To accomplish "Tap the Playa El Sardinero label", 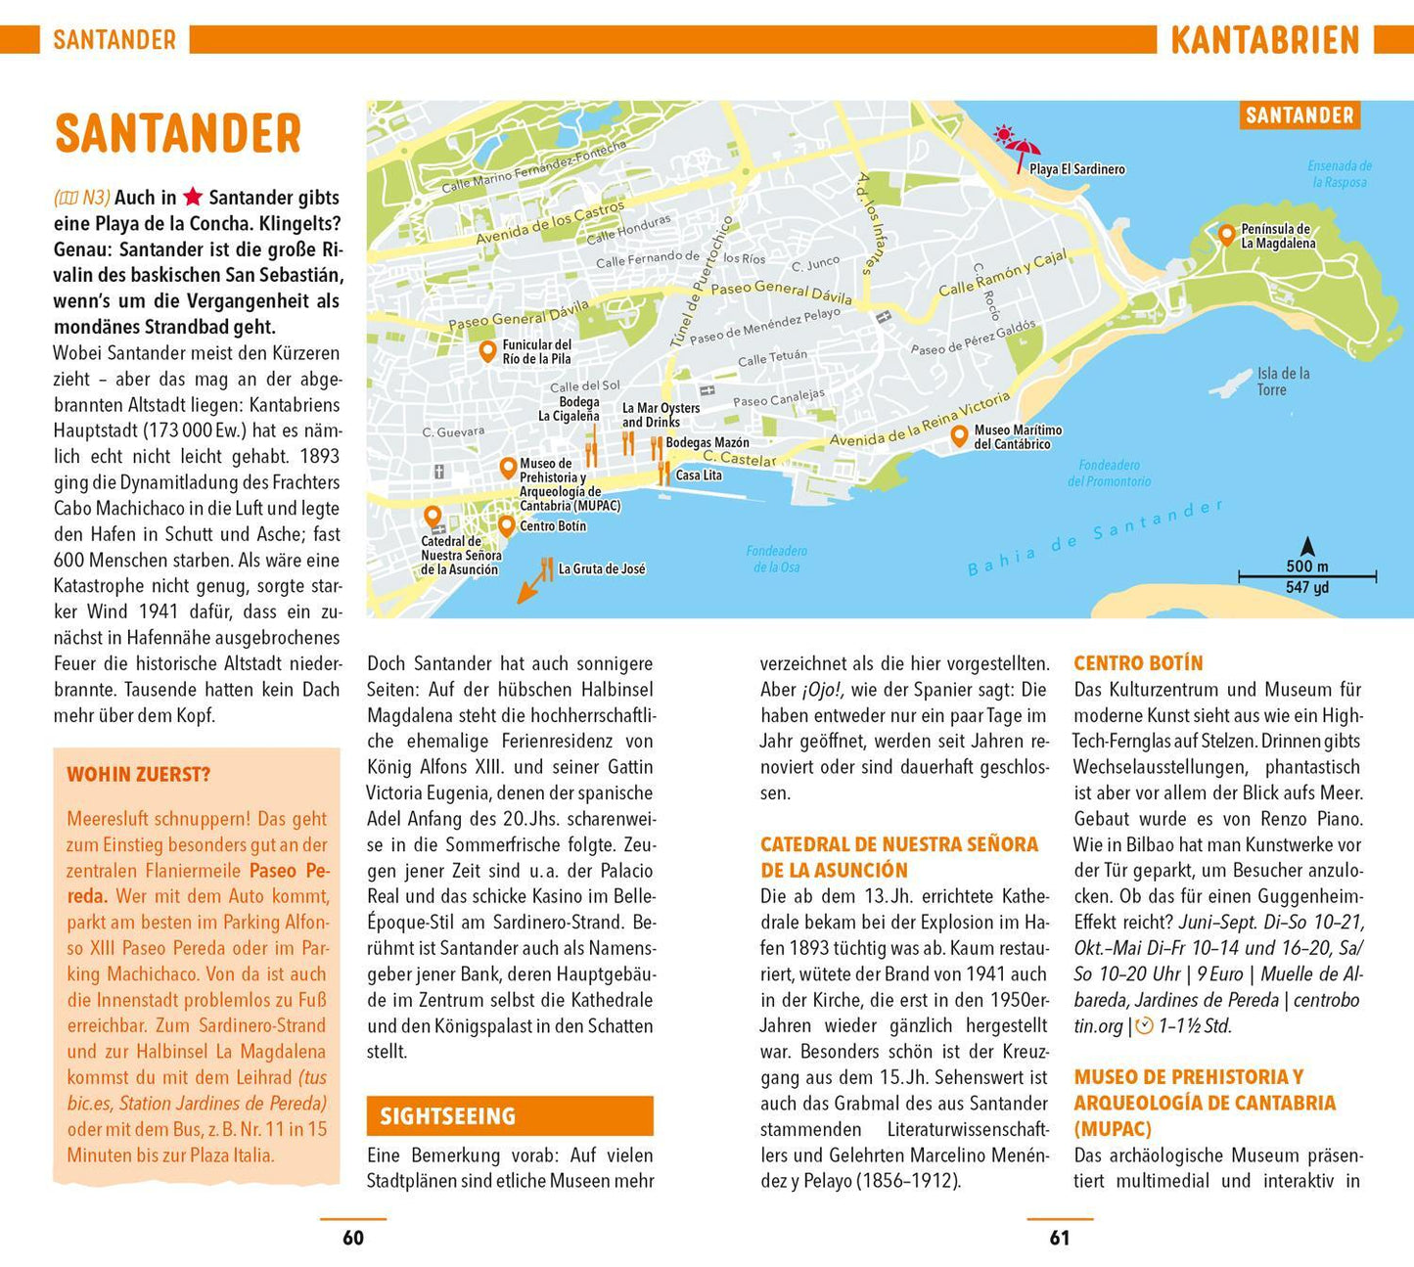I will (1076, 169).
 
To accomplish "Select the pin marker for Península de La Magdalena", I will (1226, 234).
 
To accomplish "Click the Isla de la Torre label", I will (1283, 382).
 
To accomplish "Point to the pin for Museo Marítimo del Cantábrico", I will (960, 434).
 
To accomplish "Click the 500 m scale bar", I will (1306, 577).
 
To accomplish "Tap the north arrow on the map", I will (1306, 546).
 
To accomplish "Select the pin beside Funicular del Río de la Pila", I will (487, 351).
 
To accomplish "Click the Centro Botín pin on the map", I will (506, 525).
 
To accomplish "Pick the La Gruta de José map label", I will (601, 568).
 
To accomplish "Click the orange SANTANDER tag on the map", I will (1300, 115).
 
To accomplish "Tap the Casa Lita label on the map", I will (699, 475).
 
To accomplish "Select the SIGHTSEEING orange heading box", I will (509, 1115).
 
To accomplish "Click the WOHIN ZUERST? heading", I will (138, 775).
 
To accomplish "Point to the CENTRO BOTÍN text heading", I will (1138, 663).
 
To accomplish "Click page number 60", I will (352, 1238).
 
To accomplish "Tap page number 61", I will (1059, 1238).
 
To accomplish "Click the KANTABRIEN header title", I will (1264, 40).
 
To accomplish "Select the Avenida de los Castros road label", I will (550, 224).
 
